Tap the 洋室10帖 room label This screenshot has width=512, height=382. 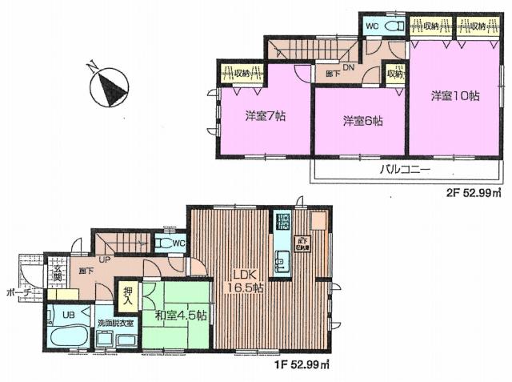(454, 96)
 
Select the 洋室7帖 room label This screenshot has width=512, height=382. (266, 115)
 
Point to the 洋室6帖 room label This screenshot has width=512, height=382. (362, 121)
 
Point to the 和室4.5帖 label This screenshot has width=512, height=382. (181, 315)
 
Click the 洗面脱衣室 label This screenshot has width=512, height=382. (116, 322)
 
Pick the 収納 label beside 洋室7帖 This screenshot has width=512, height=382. (242, 74)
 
